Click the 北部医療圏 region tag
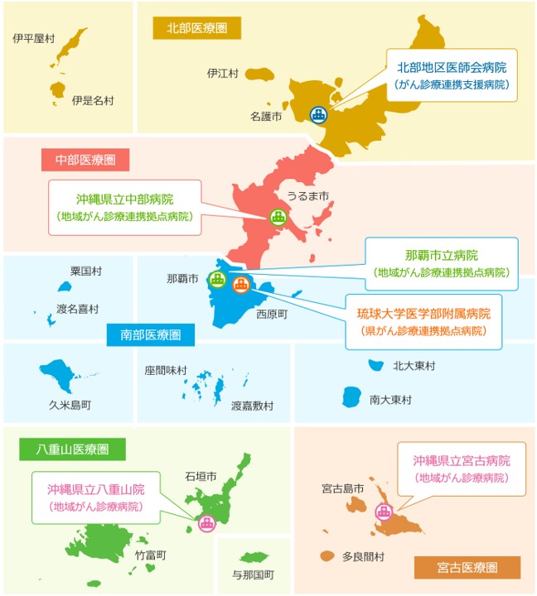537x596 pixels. point(196,28)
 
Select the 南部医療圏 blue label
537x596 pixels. point(151,334)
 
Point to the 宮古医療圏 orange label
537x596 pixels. point(467,567)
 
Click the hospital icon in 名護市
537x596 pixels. point(318,115)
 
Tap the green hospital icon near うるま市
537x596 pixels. point(278,218)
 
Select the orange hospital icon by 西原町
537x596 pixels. point(240,285)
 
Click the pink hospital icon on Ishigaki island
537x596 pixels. point(206,521)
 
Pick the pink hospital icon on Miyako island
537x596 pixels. point(383,511)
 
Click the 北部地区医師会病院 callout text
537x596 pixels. point(452,67)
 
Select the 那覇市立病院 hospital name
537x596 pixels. point(442,255)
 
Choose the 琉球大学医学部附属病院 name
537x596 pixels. point(423,314)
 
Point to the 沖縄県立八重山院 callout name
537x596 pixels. point(95,488)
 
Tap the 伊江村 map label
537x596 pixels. point(222,74)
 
